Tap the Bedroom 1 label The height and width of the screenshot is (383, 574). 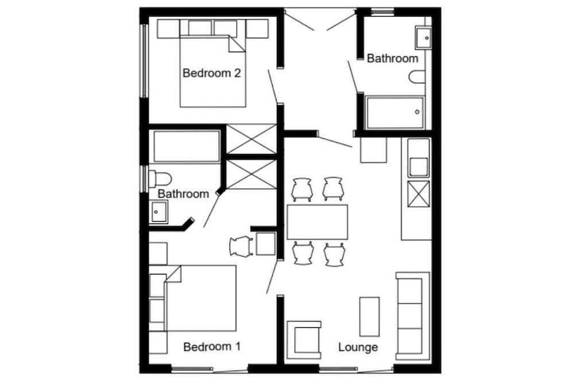tap(211, 347)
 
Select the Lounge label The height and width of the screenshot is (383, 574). tap(358, 347)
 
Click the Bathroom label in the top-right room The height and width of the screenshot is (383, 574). tap(392, 59)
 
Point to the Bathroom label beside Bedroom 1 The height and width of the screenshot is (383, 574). tap(183, 194)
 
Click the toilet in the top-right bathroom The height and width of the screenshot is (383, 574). tap(418, 77)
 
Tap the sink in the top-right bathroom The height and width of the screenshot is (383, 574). tap(424, 38)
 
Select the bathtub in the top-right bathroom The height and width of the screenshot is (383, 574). tap(395, 113)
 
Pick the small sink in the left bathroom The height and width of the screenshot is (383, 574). tap(158, 212)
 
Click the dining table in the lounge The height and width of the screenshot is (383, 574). tap(317, 222)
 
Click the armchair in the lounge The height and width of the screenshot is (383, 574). tap(303, 340)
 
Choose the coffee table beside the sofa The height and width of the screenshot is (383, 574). tap(369, 316)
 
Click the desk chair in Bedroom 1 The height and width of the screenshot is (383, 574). tap(241, 246)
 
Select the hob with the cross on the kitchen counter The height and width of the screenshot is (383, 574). tap(418, 194)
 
